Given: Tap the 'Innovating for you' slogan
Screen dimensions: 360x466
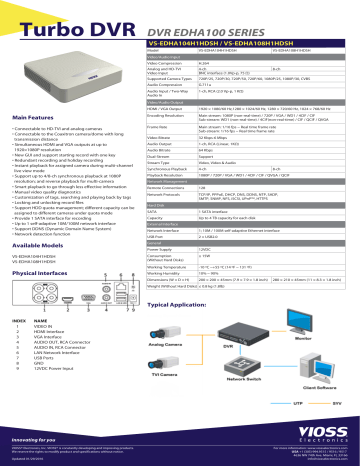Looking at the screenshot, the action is [x=35, y=437].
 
